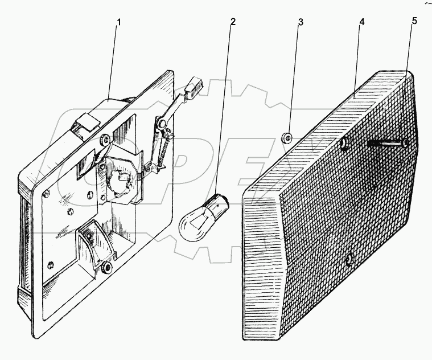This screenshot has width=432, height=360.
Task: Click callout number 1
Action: tap(118, 22)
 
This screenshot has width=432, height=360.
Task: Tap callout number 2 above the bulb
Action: tap(233, 22)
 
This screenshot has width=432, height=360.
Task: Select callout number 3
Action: tap(301, 22)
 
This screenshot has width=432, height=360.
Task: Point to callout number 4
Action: tap(362, 22)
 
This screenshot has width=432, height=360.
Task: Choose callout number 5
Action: tap(414, 21)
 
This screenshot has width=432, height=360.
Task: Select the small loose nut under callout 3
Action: tap(286, 137)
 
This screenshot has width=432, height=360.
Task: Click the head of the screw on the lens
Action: tap(405, 143)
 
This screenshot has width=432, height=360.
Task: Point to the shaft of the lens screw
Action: tap(385, 143)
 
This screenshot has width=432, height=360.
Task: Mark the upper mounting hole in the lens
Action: tap(344, 144)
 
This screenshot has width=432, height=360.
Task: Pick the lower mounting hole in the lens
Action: tap(349, 259)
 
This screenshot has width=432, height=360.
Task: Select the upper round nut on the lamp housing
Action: tap(105, 140)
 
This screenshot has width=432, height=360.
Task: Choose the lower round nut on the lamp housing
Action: tap(106, 267)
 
